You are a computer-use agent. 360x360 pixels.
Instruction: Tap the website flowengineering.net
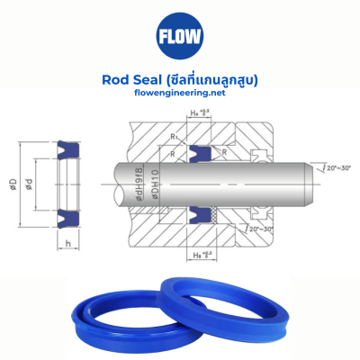coord(179,94)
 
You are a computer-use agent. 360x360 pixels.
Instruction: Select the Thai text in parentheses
coord(215,79)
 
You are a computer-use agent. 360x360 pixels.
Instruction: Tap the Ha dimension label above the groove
coord(201,112)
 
